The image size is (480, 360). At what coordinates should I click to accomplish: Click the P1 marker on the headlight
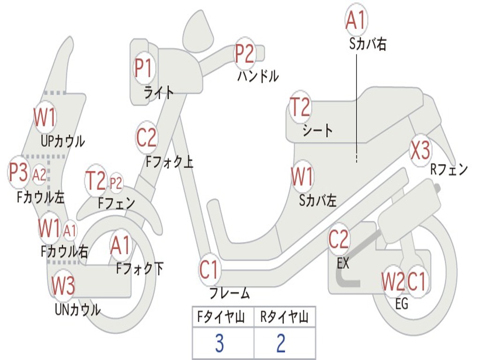coord(144,68)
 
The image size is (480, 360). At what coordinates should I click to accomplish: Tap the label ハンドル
coord(257,75)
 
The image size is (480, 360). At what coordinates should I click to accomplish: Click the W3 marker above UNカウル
coord(63,285)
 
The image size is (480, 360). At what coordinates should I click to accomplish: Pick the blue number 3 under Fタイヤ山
coord(219,344)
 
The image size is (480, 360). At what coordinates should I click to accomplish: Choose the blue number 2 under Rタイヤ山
coord(281,344)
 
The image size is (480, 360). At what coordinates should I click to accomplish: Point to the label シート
coord(318,130)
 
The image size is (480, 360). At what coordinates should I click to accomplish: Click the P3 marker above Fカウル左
coord(19,172)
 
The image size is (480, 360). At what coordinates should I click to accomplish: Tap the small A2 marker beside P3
coord(39,175)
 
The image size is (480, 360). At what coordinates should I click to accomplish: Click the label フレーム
coord(229,294)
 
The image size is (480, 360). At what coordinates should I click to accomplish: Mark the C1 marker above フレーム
coord(209,270)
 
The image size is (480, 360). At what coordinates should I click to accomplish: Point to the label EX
coord(343,263)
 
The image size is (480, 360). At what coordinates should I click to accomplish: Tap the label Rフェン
coord(449,170)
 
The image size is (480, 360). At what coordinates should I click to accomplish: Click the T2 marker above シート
coord(300,107)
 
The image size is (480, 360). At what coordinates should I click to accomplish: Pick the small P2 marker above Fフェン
coord(115,183)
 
